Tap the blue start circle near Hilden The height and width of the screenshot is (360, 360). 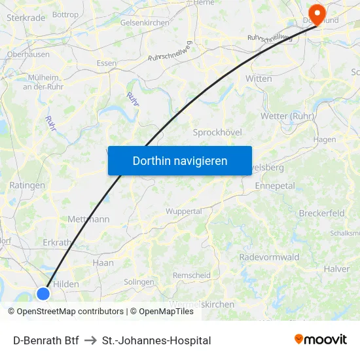click(43, 294)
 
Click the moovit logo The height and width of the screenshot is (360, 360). click(321, 339)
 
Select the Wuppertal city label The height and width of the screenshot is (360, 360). click(183, 211)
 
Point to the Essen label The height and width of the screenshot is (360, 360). click(106, 63)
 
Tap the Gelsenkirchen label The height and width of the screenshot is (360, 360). click(144, 22)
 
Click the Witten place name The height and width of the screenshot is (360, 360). click(259, 78)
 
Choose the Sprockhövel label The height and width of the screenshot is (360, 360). click(217, 132)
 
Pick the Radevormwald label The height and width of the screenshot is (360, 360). click(268, 257)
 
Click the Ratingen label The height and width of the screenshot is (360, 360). click(27, 185)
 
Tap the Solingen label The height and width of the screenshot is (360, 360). click(139, 281)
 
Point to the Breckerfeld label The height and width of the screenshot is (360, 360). click(321, 213)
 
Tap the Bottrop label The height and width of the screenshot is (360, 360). click(65, 14)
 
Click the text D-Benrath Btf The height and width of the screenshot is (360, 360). click(46, 340)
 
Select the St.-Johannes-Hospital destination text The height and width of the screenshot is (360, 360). click(156, 340)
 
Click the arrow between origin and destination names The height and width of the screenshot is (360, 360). click(90, 340)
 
